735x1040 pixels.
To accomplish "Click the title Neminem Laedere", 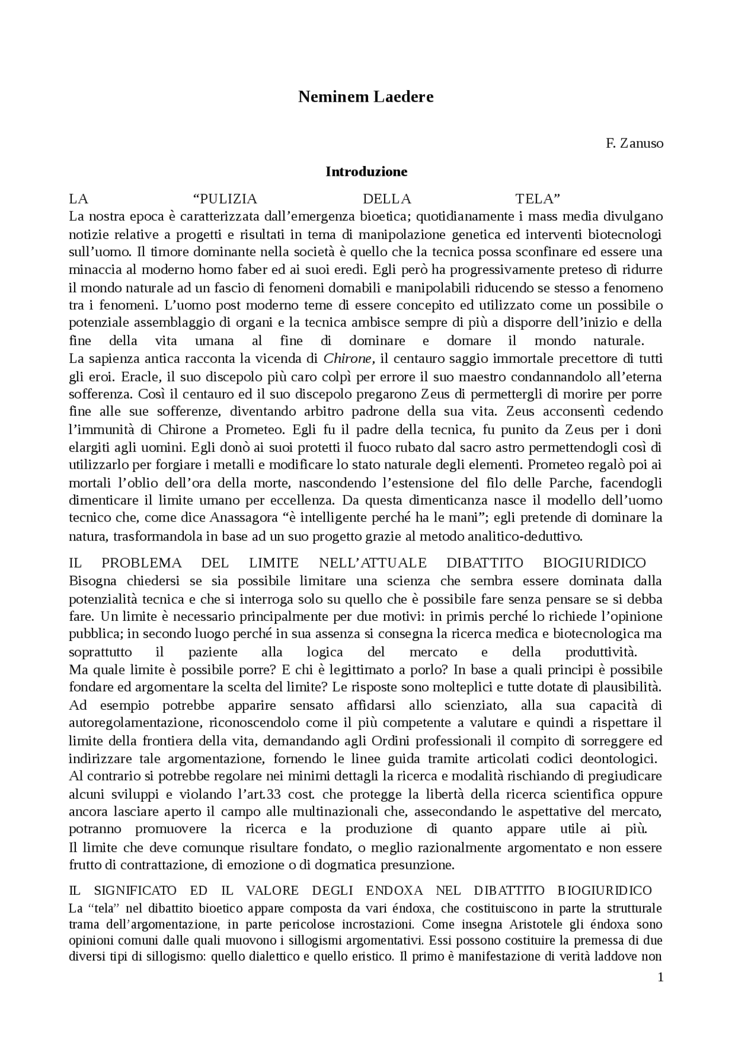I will coord(365,96).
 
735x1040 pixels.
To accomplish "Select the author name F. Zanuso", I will coord(634,144).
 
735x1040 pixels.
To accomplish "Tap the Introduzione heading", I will coord(366,172).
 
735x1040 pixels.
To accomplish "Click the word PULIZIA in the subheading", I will coord(225,199).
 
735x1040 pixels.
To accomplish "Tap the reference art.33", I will coord(270,795).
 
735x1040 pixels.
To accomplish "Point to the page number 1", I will coord(660,977).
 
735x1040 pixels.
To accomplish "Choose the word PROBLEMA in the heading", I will coord(141,563).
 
